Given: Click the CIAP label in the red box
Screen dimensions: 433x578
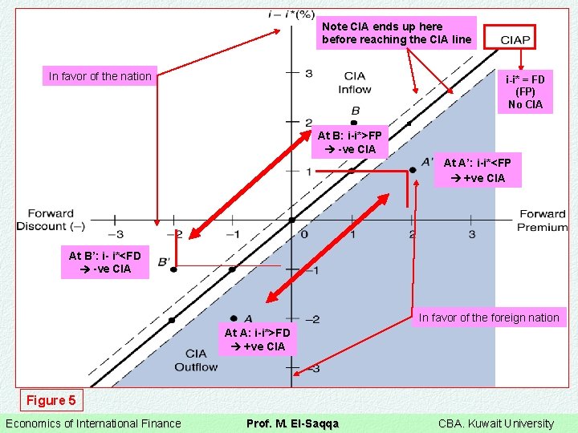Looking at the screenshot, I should click(x=515, y=39).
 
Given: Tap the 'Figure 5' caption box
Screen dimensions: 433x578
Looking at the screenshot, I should click(x=51, y=400).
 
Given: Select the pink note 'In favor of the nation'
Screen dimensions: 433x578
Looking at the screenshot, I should click(x=100, y=76).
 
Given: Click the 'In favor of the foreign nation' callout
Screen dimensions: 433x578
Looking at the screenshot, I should click(x=489, y=318).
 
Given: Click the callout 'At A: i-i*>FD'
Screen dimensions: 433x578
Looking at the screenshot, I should click(x=257, y=339).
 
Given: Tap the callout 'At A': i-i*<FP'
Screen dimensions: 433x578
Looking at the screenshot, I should click(x=477, y=170).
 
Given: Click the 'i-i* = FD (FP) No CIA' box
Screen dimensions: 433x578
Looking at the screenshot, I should click(x=524, y=91).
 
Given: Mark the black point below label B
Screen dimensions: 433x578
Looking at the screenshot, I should click(x=354, y=122).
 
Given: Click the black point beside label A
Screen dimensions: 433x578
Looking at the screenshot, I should click(x=234, y=318).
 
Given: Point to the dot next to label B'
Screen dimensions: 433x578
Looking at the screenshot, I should click(x=173, y=269).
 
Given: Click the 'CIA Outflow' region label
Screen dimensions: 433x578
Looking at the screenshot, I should click(x=196, y=360).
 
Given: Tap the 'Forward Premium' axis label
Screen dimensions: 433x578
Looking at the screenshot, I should click(x=542, y=221).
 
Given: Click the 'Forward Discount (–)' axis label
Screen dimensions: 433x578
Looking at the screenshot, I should click(x=51, y=221).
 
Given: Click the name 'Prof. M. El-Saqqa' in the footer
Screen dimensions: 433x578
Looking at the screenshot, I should click(x=292, y=423).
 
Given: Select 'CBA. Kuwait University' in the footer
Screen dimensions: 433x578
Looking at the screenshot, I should click(x=495, y=423).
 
